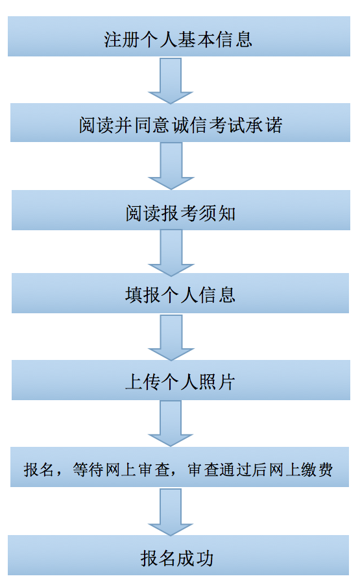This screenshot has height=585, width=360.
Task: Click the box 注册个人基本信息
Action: (x=179, y=36)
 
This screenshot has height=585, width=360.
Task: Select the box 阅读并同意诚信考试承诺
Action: (x=180, y=123)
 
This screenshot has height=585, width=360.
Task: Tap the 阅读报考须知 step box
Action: (x=181, y=210)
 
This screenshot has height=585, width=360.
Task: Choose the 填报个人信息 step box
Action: (x=180, y=293)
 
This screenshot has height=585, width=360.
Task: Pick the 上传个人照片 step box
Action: (x=181, y=380)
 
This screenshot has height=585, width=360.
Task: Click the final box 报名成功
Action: (x=178, y=555)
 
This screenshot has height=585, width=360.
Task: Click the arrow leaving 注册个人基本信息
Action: (x=171, y=80)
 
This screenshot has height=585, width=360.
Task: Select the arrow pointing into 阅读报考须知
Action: (x=171, y=165)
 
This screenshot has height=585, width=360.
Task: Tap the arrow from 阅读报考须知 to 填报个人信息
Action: (x=171, y=252)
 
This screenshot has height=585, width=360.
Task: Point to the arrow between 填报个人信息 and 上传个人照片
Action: (x=171, y=337)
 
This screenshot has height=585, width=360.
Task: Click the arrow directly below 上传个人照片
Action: (x=171, y=423)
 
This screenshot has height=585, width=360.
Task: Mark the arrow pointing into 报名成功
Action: (x=171, y=512)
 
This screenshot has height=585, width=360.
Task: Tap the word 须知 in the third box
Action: (x=217, y=214)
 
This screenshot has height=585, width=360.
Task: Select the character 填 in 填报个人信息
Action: (x=134, y=295)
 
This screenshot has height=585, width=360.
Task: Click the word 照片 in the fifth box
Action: (x=217, y=383)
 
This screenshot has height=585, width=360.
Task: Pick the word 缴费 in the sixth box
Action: (x=317, y=470)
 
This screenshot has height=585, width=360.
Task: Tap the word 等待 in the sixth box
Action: (x=88, y=470)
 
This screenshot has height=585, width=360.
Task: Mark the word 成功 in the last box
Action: (x=195, y=558)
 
